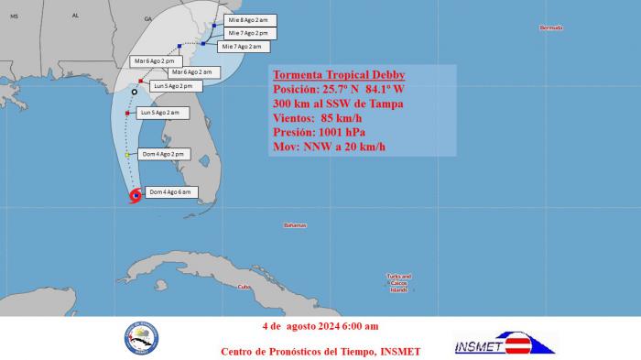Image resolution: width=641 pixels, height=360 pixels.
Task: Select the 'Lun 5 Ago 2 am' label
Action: coord(162,113)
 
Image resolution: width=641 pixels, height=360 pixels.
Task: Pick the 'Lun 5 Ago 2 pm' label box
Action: coord(175,86)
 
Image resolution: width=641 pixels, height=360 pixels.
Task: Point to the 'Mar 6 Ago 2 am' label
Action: coord(190,72)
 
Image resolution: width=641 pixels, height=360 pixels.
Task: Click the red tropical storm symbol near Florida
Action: coord(136,195)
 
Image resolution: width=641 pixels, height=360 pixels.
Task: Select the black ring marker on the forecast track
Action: coord(135,92)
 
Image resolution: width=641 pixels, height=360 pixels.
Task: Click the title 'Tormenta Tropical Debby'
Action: coord(339,74)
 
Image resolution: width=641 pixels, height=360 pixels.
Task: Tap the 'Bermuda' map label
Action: coord(550,27)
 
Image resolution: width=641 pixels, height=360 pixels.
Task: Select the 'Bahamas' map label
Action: coord(295,224)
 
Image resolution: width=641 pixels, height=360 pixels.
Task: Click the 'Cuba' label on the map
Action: coord(244,287)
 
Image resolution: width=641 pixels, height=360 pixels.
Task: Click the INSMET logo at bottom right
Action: coord(505,344)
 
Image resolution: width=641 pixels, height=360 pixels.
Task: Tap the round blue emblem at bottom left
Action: coord(141,337)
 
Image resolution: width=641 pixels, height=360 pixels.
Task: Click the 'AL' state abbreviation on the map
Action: coord(76,16)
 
